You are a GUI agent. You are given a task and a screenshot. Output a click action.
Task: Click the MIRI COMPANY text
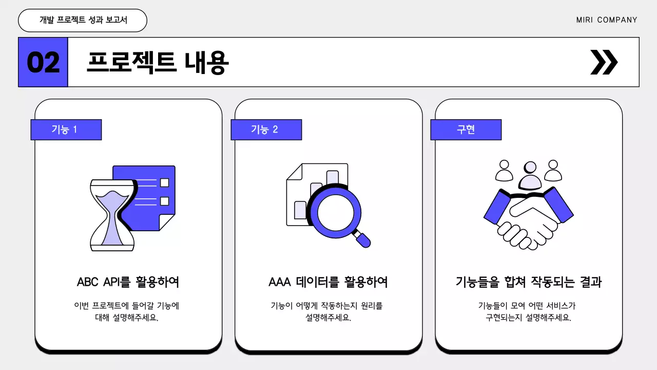[606, 20]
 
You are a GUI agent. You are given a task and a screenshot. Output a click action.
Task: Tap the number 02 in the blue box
[43, 63]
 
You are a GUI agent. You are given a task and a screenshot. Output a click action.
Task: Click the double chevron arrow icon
[604, 62]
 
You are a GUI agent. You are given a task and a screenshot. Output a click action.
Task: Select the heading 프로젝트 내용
[158, 63]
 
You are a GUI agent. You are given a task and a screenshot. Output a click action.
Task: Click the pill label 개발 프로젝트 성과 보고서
[83, 20]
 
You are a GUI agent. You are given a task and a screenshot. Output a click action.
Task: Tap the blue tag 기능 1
[66, 129]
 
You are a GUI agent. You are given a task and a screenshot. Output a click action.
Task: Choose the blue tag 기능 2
[266, 129]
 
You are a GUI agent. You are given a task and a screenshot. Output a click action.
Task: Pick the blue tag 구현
[466, 129]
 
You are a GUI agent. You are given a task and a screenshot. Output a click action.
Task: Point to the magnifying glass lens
[334, 212]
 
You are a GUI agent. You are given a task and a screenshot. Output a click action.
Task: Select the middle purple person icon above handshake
[529, 176]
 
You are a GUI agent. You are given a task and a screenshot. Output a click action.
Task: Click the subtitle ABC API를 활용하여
[128, 282]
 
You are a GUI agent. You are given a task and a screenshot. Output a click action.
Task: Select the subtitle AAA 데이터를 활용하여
[328, 282]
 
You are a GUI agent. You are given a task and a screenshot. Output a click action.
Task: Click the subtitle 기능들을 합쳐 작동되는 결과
[528, 282]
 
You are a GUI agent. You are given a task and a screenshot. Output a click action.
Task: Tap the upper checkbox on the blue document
[164, 182]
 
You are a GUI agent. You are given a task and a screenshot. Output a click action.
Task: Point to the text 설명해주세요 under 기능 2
[328, 318]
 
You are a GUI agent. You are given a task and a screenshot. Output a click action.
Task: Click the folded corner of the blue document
[166, 222]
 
